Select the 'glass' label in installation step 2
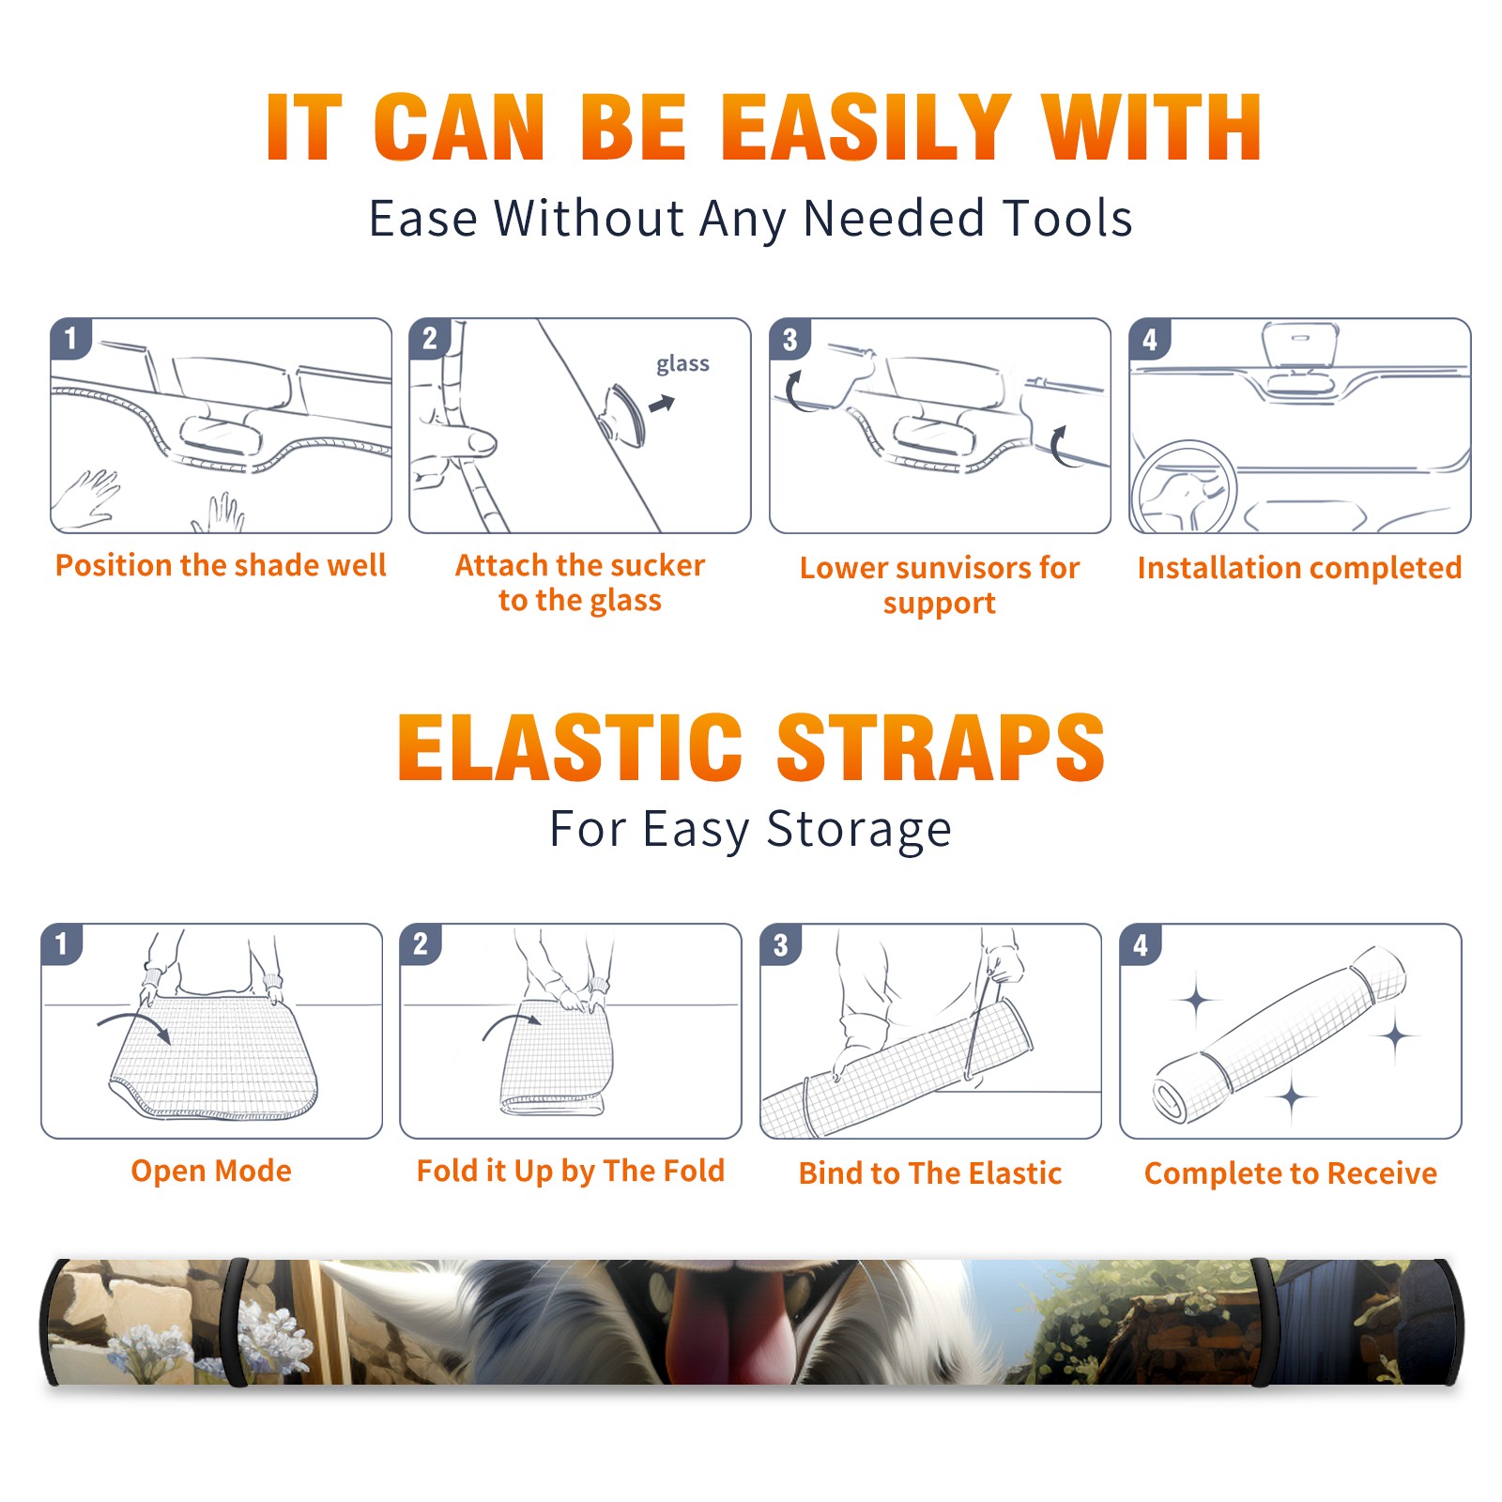682,364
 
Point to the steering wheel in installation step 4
1183,487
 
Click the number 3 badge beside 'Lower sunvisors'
790,340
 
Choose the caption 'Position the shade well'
221,565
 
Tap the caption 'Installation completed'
1299,568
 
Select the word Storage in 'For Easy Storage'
859,830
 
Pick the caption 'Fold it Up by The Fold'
571,1171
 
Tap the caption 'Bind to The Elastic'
930,1173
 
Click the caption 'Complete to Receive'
1291,1173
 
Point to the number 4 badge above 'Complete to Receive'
1141,945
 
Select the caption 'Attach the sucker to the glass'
580,582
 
